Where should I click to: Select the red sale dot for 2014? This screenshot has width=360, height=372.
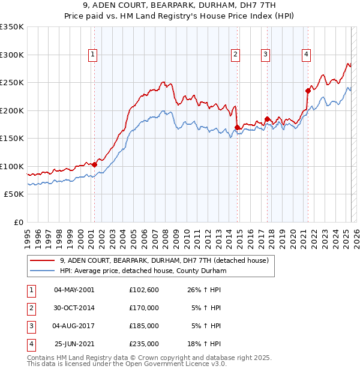238,127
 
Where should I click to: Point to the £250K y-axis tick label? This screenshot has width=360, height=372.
12,83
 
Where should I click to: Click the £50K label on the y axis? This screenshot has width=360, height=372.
14,194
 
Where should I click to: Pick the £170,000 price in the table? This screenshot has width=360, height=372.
144,308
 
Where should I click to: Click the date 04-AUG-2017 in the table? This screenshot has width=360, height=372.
74,326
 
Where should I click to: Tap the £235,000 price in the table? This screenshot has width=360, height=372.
144,344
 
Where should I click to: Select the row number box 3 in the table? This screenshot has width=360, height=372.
29,326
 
